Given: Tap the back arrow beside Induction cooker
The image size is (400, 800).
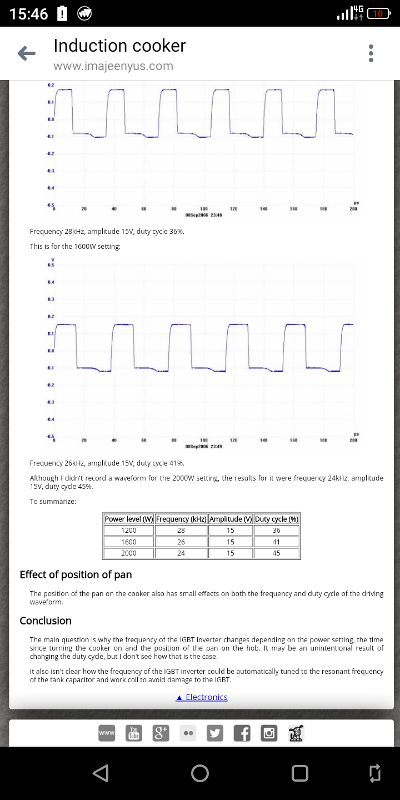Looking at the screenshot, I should pos(27,53).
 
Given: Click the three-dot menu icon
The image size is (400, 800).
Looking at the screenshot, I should pos(371,53).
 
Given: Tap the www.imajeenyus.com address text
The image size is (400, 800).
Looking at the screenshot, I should pos(113,66).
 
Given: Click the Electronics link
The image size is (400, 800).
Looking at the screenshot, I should pos(202,697).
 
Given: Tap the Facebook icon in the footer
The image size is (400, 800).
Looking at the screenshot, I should pos(242,733).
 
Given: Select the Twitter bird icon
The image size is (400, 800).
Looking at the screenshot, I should pos(214,733).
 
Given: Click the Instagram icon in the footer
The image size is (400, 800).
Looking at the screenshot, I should pos(269,733).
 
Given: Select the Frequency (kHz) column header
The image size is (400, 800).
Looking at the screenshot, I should pos(181,519).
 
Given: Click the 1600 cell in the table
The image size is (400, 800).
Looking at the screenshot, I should pos(129,542).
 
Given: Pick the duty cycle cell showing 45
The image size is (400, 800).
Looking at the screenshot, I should pos(276,553).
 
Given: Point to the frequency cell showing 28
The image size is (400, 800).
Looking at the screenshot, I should pos(181,530).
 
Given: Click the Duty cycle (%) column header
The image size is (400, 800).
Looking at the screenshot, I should pos(276,519).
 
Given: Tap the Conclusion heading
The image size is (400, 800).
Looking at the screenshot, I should pos(46,621).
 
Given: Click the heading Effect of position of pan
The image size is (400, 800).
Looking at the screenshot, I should pos(76,574).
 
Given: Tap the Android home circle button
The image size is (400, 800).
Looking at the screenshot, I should pos(200,773).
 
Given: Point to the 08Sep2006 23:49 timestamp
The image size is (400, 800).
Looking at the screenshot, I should pos(203,446).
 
